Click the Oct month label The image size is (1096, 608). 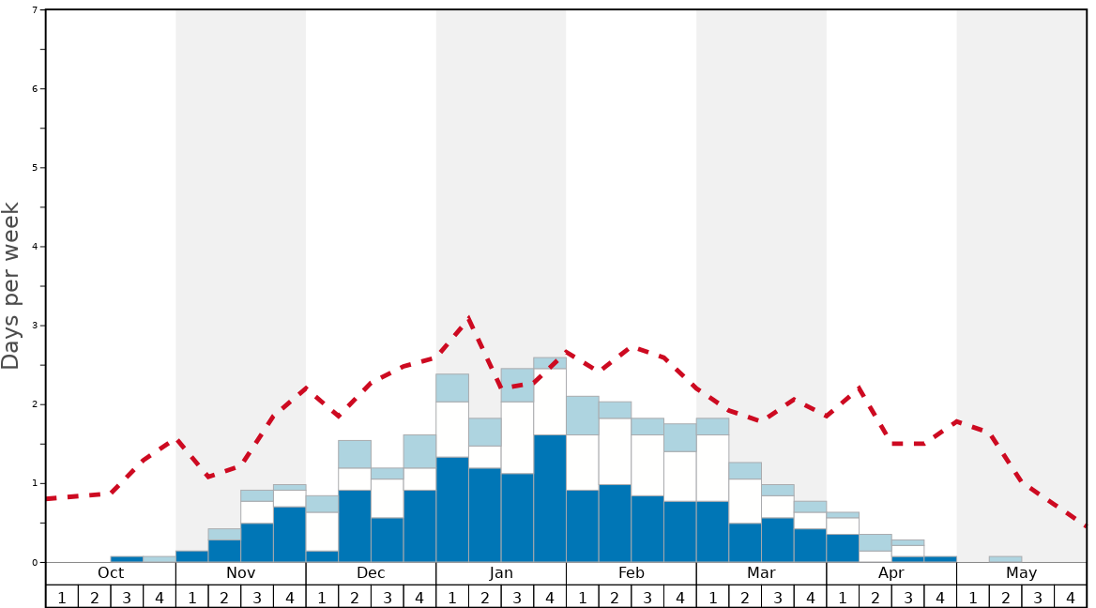(x=111, y=573)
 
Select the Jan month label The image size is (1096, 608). (x=501, y=573)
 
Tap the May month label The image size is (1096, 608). (x=1021, y=573)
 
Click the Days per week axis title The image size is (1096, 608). (x=11, y=285)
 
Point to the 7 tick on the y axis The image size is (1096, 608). (x=35, y=9)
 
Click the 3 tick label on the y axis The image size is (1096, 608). (x=35, y=326)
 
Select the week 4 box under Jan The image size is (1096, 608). (x=550, y=597)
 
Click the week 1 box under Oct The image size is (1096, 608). (x=62, y=597)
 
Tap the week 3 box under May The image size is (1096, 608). (x=1038, y=597)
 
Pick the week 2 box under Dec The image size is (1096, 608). (x=355, y=597)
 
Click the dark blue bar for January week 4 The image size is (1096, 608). (x=550, y=498)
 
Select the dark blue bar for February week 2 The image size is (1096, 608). (x=615, y=524)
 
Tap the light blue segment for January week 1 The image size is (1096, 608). (x=452, y=388)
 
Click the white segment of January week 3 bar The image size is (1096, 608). (x=517, y=437)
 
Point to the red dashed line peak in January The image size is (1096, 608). (x=468, y=319)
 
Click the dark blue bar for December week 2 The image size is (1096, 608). (x=355, y=525)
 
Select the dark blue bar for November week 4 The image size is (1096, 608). (x=289, y=535)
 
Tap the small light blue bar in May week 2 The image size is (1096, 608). (x=1005, y=559)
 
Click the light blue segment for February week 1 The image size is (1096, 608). (x=582, y=415)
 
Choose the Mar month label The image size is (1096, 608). (x=761, y=573)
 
